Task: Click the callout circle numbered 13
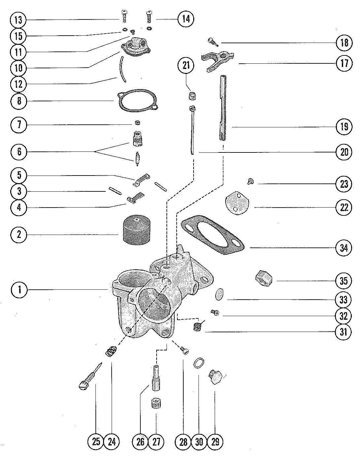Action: pyautogui.click(x=18, y=20)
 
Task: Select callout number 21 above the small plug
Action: pyautogui.click(x=186, y=66)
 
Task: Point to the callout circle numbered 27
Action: pyautogui.click(x=157, y=442)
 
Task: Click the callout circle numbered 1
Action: pyautogui.click(x=19, y=290)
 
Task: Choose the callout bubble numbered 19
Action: pyautogui.click(x=344, y=127)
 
